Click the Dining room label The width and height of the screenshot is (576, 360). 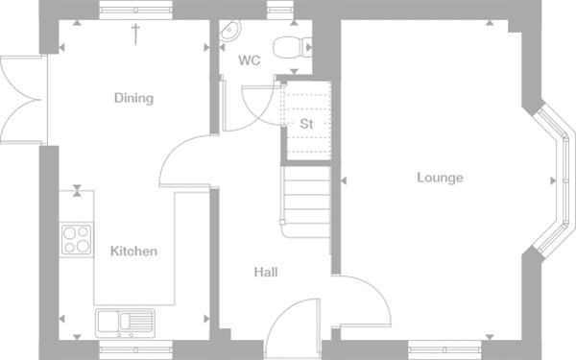pyautogui.click(x=133, y=98)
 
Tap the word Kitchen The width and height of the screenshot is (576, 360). pyautogui.click(x=133, y=251)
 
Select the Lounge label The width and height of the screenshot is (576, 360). pyautogui.click(x=440, y=178)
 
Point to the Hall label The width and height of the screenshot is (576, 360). pyautogui.click(x=266, y=273)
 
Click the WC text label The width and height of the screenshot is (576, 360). pyautogui.click(x=250, y=60)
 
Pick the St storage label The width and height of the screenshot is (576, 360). pyautogui.click(x=306, y=124)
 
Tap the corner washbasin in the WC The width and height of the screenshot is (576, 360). pyautogui.click(x=230, y=30)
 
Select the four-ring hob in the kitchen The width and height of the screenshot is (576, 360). pyautogui.click(x=77, y=239)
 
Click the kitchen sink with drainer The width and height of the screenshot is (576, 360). pyautogui.click(x=125, y=323)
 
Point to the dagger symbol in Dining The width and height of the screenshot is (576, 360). pyautogui.click(x=135, y=35)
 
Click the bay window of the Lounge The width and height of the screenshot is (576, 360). pyautogui.click(x=554, y=180)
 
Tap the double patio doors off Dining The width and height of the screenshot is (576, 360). pyautogui.click(x=23, y=100)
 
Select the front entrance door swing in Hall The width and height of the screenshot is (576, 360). pyautogui.click(x=292, y=328)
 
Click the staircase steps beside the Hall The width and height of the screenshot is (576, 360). pyautogui.click(x=306, y=202)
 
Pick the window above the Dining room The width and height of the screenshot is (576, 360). pyautogui.click(x=135, y=10)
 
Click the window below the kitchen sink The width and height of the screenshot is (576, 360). pyautogui.click(x=135, y=350)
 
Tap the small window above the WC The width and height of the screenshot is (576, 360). pyautogui.click(x=280, y=10)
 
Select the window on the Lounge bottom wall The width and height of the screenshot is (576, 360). pyautogui.click(x=444, y=350)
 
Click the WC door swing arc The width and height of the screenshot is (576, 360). pyautogui.click(x=257, y=108)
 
